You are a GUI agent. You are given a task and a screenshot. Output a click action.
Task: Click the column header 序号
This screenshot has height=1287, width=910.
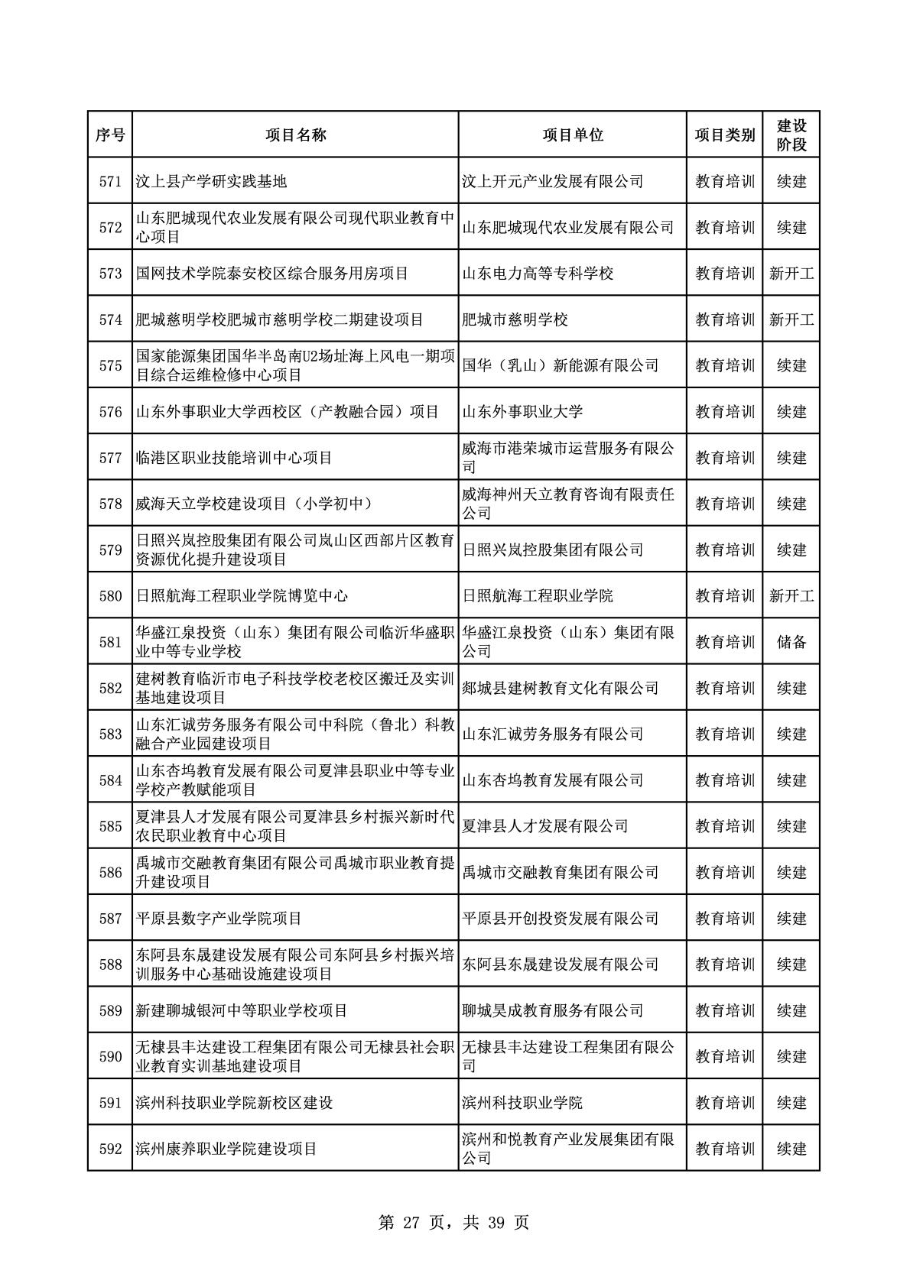(110, 135)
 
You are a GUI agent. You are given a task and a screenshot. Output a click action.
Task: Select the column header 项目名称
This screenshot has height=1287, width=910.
(296, 135)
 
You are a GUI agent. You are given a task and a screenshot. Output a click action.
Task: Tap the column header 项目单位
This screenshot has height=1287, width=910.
(572, 135)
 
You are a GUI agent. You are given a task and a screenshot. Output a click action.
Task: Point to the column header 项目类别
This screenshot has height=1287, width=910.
(724, 135)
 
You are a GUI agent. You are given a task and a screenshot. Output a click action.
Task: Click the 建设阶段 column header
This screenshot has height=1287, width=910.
(791, 135)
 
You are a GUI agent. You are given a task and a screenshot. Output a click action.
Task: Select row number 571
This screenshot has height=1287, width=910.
(110, 181)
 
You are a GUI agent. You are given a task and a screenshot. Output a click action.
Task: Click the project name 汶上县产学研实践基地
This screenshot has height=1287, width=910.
(211, 181)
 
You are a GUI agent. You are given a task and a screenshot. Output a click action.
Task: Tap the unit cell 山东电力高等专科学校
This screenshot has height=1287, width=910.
(538, 273)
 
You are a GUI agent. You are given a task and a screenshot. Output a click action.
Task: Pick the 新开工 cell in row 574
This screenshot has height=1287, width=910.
(791, 319)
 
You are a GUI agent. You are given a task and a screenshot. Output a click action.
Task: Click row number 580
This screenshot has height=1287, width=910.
(110, 595)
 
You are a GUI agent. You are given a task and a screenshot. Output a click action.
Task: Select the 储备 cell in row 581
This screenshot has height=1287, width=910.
(791, 642)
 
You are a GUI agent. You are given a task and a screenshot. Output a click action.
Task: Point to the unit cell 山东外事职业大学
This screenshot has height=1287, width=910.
(522, 411)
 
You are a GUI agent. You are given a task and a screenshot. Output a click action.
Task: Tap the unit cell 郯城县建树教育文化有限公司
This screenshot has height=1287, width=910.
(561, 688)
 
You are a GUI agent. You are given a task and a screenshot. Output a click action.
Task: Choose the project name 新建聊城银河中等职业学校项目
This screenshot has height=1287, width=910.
(242, 1010)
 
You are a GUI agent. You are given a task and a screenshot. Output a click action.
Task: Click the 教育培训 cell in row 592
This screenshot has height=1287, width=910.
(724, 1149)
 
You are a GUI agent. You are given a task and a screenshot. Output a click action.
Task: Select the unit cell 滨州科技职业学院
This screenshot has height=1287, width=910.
(522, 1103)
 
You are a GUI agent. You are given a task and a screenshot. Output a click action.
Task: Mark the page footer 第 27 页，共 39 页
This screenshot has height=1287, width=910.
(454, 1222)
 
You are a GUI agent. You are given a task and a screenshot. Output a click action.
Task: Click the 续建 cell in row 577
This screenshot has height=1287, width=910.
(791, 457)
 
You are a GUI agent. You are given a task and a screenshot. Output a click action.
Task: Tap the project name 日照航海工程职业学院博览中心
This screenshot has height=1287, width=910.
(242, 595)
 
